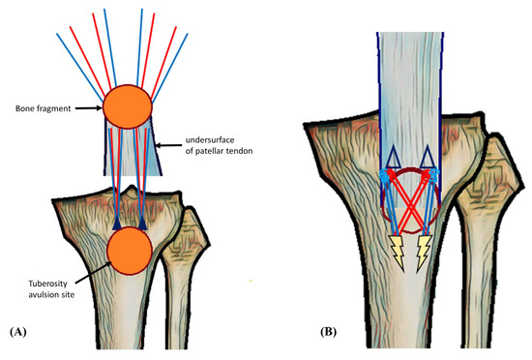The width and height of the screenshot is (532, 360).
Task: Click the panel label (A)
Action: [x=20, y=331]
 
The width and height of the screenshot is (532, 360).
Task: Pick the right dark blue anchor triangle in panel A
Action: [x=142, y=224]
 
